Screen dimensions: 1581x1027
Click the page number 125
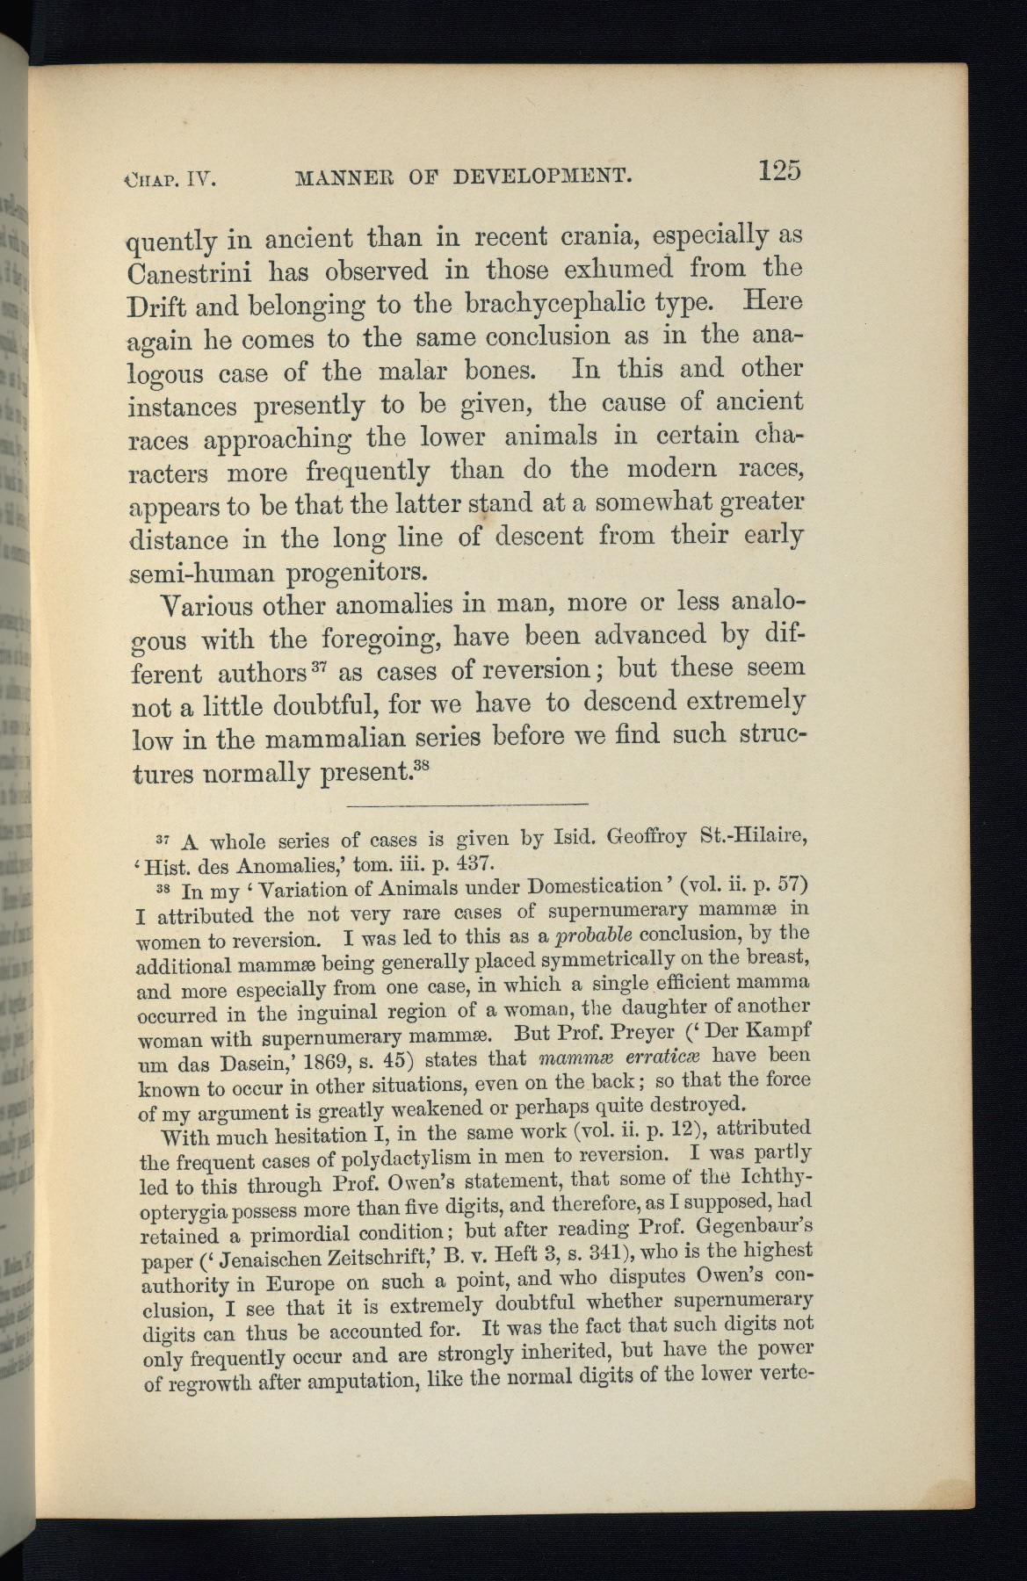tap(780, 170)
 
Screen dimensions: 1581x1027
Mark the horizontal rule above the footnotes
tap(466, 804)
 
